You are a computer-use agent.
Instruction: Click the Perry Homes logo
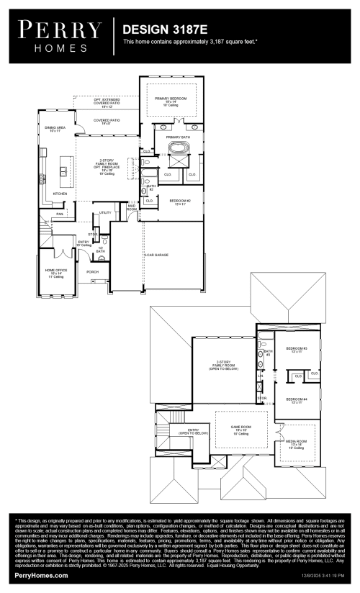60,34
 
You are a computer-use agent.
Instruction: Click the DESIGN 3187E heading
165,29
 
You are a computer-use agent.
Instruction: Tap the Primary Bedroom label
171,99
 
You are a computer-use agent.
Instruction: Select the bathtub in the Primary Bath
178,150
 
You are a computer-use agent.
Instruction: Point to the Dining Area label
55,129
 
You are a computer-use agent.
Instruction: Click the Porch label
92,272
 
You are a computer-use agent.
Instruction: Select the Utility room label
105,212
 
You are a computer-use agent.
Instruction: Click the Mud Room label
132,207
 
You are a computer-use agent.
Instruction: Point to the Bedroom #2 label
179,202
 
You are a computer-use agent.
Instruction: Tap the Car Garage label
156,255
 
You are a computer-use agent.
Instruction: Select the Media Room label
298,442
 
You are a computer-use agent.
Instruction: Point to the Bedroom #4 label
297,400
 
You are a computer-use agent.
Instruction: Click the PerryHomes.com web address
41,576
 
